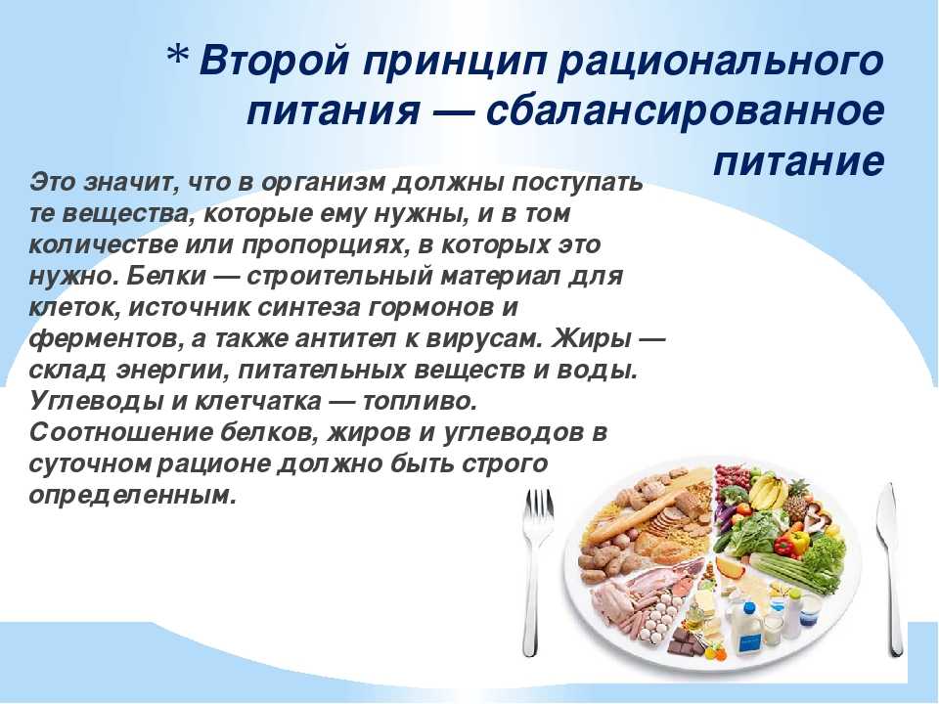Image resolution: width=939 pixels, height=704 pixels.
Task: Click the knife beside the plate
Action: (889, 569)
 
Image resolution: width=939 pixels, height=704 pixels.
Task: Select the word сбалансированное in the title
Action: (685, 110)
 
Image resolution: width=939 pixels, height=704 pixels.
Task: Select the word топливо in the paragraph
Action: (420, 401)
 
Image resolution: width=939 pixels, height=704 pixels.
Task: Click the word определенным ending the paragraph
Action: (129, 496)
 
